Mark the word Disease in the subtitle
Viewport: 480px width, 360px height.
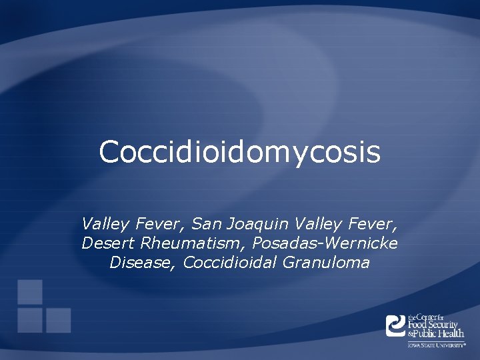141,262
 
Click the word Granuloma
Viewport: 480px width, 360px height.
326,263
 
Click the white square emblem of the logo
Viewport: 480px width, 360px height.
396,325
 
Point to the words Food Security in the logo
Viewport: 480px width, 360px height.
433,325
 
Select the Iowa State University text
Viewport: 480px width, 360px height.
437,345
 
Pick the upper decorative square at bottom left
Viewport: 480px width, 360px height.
30,291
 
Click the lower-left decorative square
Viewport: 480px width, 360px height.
30,319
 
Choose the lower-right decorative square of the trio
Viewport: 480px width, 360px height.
58,319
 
